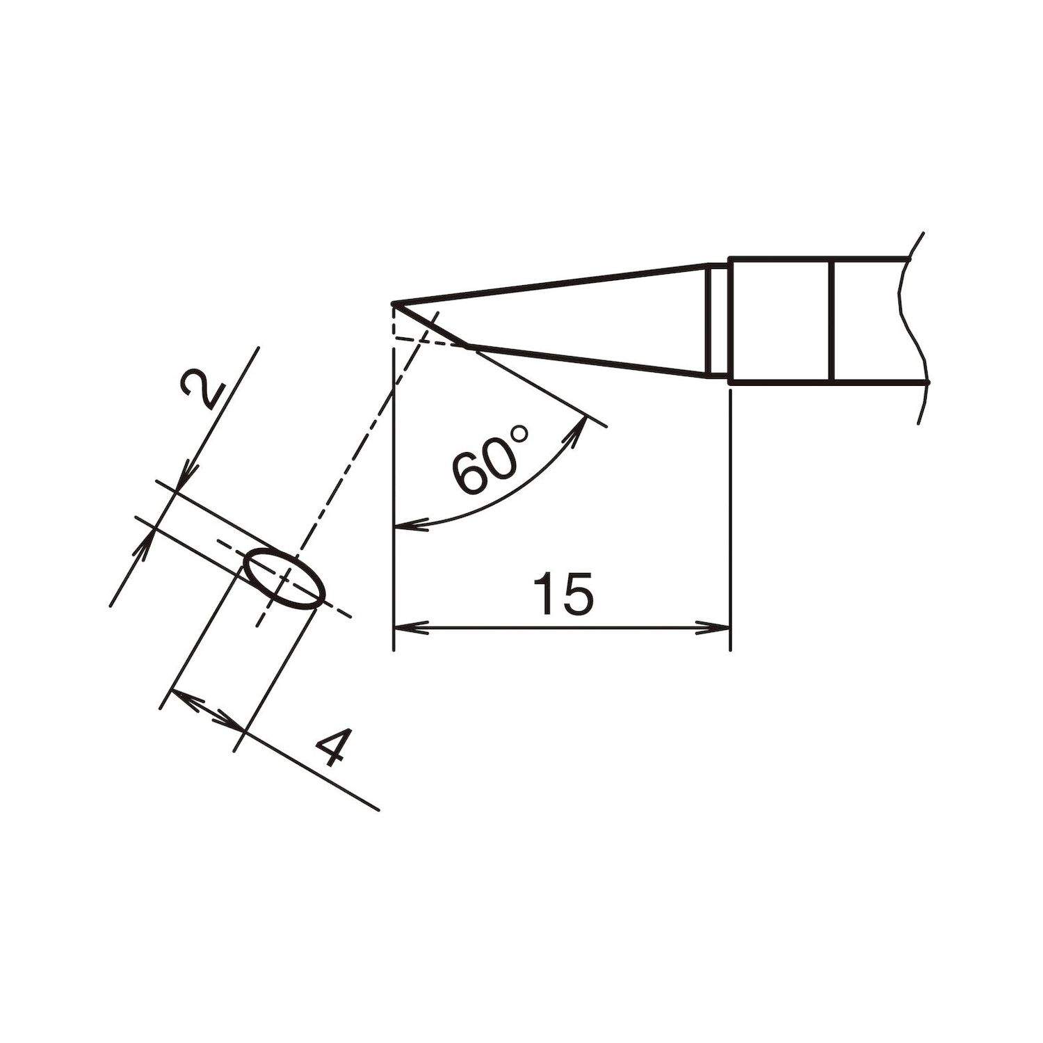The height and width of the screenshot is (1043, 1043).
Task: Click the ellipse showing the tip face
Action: point(285,577)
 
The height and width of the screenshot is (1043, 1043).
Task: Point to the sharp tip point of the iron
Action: point(394,304)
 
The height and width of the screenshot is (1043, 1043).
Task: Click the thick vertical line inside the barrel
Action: point(832,321)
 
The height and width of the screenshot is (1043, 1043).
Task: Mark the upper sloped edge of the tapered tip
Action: point(549,284)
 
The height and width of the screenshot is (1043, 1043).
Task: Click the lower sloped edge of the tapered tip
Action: point(591,361)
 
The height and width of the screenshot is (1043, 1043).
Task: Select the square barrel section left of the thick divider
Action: point(779,321)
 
